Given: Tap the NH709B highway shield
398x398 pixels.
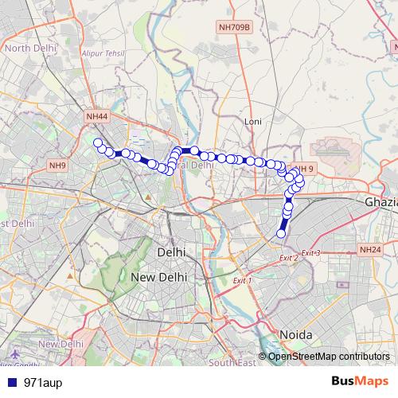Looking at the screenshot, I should [233, 27].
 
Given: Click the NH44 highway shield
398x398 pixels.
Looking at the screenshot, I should [96, 117].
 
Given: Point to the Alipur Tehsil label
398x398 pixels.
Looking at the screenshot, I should [103, 55].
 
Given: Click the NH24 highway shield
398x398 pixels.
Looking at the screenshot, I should [370, 250].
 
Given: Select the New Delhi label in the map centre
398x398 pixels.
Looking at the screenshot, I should [158, 277].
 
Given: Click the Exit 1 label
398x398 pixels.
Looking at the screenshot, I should [242, 280].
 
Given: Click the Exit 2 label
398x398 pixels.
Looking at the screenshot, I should [288, 258].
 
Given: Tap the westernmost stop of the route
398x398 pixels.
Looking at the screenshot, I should [98, 143].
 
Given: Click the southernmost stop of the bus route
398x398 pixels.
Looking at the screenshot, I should [281, 233].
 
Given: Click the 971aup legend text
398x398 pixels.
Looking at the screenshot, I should [41, 382].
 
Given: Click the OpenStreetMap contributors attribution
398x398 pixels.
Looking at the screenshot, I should [328, 357].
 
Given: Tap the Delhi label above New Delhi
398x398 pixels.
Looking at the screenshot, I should [172, 252].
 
